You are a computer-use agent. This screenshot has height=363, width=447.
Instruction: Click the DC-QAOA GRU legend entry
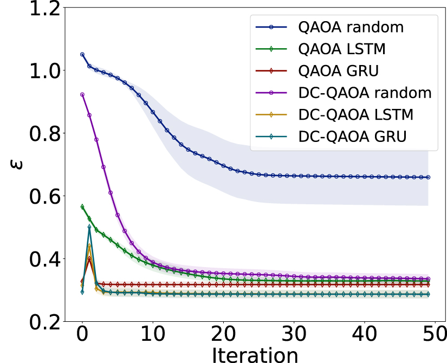(x=352, y=137)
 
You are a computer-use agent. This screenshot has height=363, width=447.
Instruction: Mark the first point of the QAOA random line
(x=82, y=55)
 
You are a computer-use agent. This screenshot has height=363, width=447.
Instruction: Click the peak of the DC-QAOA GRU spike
(x=89, y=227)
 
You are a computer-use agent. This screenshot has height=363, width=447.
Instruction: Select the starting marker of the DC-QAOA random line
(x=82, y=94)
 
